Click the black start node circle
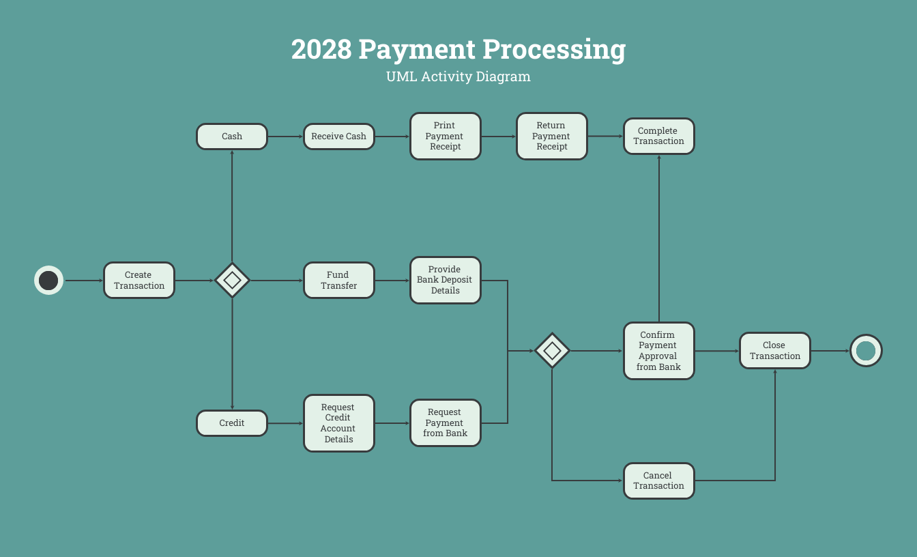(48, 281)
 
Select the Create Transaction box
(139, 281)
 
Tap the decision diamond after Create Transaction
(232, 281)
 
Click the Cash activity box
(232, 137)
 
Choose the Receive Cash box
(338, 137)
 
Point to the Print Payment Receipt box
(445, 137)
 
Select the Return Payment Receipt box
(551, 137)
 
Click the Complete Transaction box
(658, 137)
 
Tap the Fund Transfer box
(338, 281)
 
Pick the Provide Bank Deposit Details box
(445, 281)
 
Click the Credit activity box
(232, 423)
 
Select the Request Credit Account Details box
(338, 423)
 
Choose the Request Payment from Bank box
(445, 423)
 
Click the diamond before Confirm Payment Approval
(552, 351)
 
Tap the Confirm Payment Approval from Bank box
(658, 351)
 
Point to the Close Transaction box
(774, 351)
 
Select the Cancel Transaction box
(658, 481)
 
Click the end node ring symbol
(866, 351)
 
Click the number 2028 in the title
(321, 50)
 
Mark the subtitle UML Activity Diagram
(458, 76)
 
